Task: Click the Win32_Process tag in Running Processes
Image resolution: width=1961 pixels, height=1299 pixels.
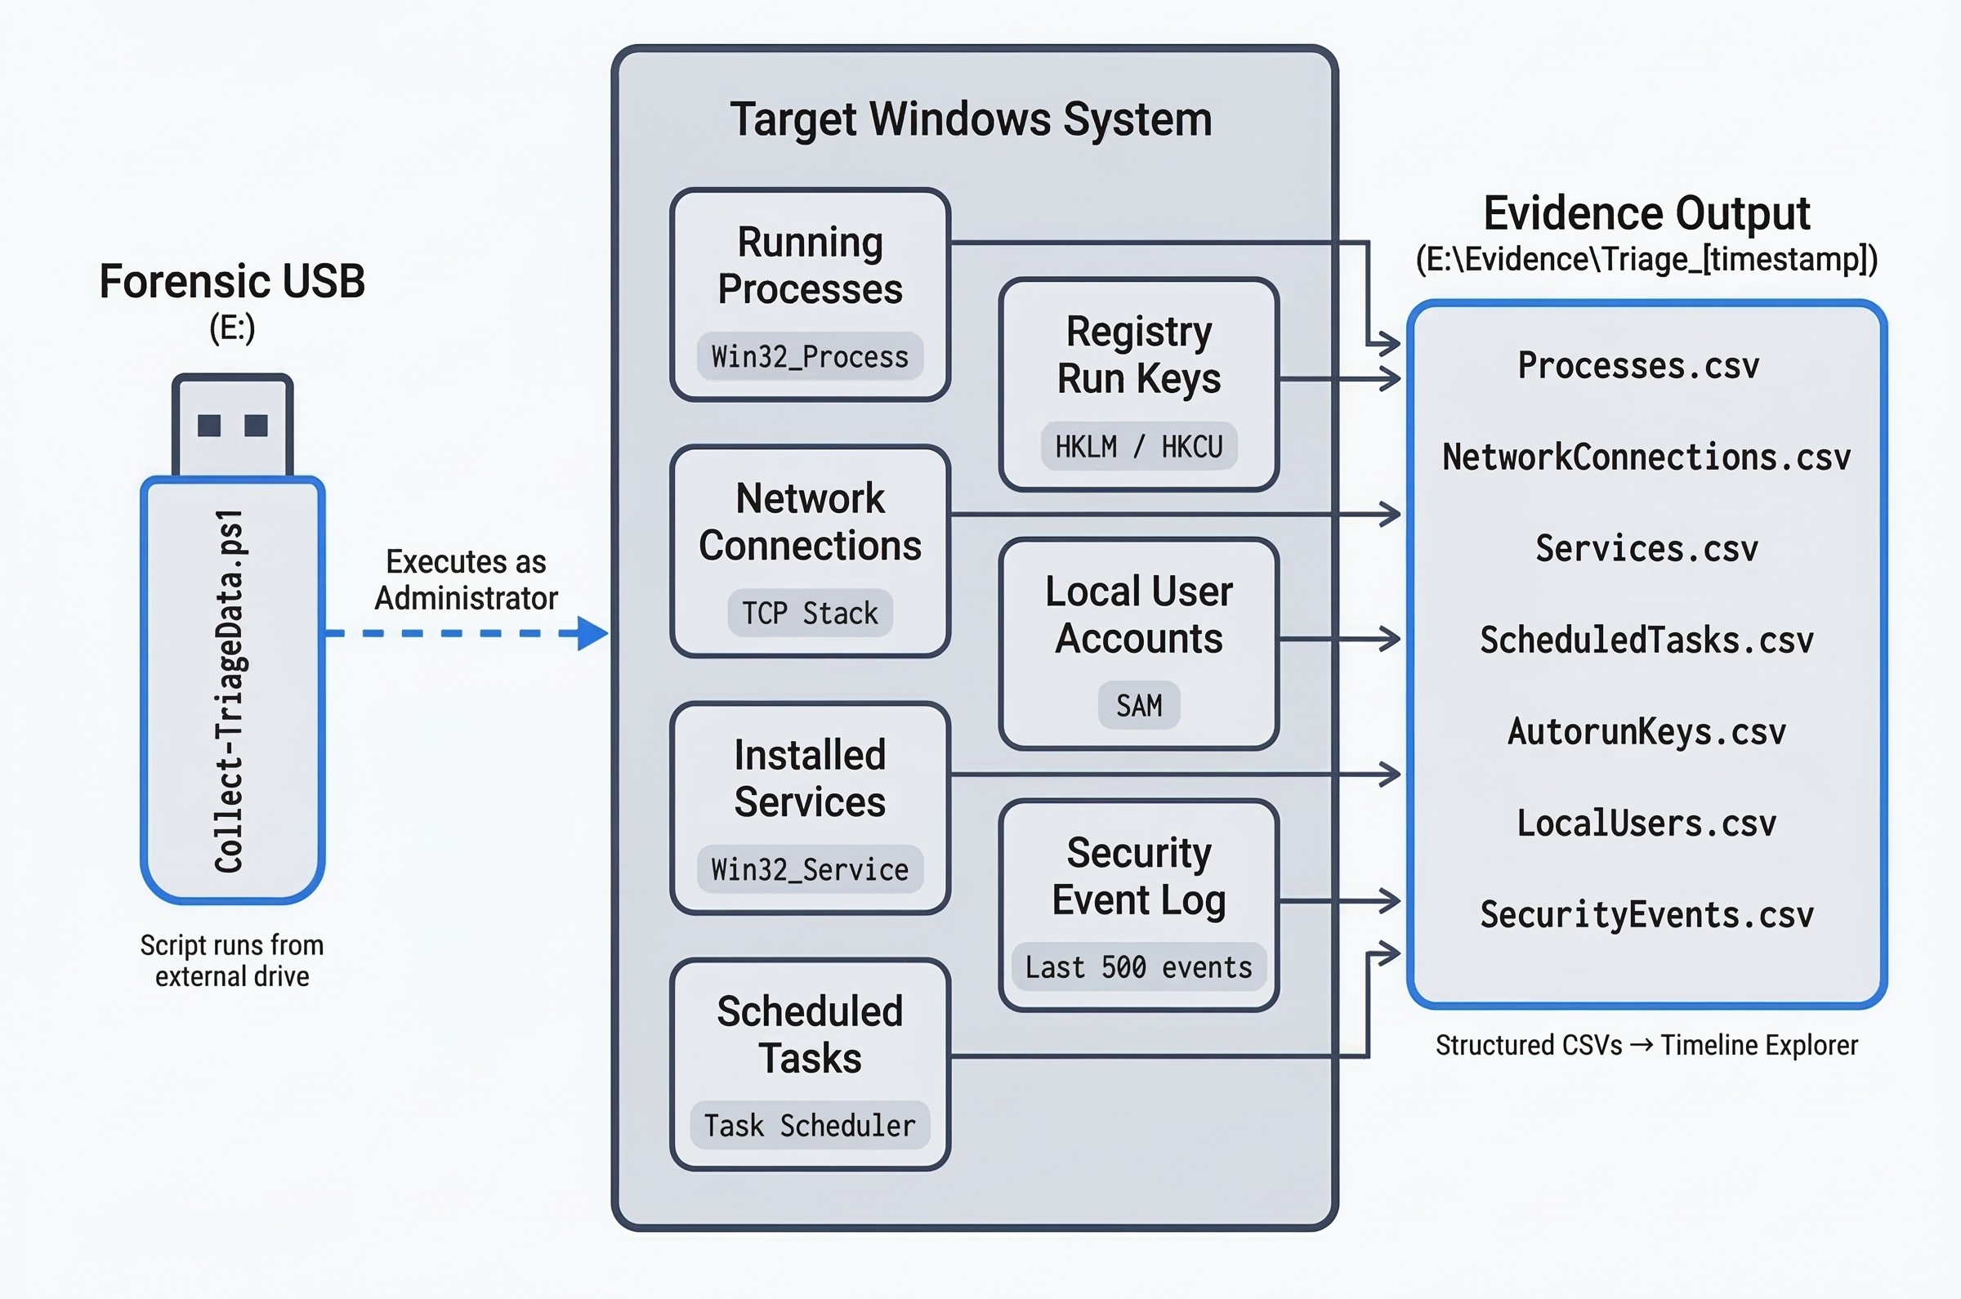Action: coord(810,357)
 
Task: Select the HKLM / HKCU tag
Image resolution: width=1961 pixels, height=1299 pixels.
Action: coord(1138,447)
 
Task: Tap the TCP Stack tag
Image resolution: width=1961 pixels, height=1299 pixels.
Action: coord(810,613)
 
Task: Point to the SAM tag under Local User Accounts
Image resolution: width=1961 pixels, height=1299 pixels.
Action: coord(1138,706)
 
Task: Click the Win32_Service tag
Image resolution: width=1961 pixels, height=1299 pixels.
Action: coord(810,869)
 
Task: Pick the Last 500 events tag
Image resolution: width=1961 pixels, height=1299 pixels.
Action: coord(1138,966)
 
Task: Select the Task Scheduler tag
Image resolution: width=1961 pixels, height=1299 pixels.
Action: coord(810,1125)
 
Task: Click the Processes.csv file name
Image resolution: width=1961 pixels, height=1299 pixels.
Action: coord(1638,366)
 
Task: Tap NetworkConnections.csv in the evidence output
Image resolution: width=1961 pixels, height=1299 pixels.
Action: coord(1646,458)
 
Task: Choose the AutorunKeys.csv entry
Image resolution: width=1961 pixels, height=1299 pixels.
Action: coord(1646,731)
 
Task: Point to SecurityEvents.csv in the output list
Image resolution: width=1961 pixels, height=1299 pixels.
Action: coord(1646,914)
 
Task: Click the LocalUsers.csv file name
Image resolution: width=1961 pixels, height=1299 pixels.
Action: coord(1646,824)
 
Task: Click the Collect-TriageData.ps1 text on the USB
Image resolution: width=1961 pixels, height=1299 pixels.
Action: coord(230,691)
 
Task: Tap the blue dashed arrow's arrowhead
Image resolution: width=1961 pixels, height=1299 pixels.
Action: coord(592,633)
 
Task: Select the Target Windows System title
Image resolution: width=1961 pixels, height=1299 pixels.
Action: coord(971,119)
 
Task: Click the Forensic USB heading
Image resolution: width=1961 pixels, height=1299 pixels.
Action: coord(232,282)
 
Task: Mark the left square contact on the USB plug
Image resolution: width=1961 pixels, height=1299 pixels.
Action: coord(209,425)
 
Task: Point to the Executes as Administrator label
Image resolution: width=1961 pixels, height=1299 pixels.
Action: coord(466,580)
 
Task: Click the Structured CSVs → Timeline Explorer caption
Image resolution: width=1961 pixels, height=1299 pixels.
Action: coord(1646,1045)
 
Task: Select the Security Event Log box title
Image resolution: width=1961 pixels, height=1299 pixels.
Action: coord(1138,876)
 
